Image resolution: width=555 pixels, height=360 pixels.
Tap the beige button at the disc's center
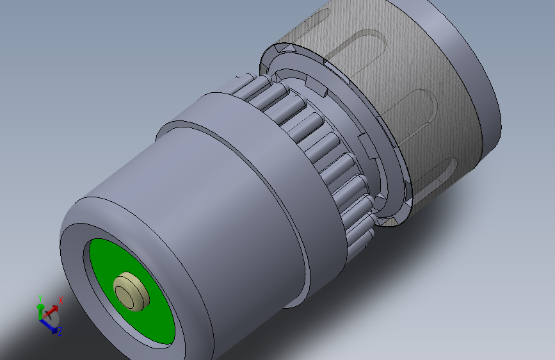click(131, 291)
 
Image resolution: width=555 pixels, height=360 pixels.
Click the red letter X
click(61, 301)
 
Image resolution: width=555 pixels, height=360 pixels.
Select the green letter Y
click(40, 298)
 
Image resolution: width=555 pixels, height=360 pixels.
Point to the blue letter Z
click(60, 331)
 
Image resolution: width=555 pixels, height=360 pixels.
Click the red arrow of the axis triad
click(51, 311)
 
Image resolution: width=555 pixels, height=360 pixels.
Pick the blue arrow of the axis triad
click(48, 325)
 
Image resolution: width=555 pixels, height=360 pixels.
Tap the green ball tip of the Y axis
click(40, 307)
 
